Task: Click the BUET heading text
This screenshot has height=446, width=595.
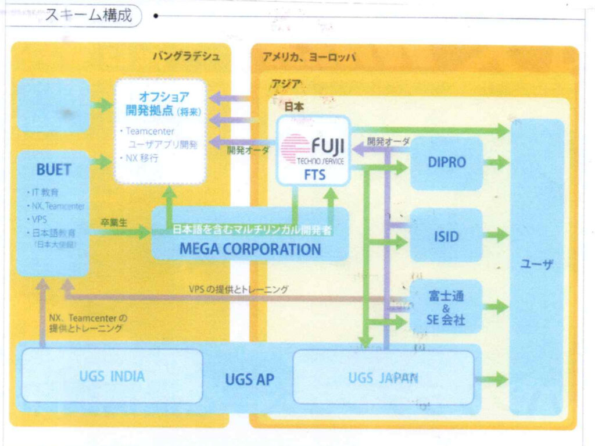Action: (x=53, y=169)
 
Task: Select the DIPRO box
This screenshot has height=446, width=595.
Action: (x=446, y=163)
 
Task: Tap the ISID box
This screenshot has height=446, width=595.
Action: (x=446, y=236)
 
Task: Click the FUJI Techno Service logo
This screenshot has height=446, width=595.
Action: (x=313, y=149)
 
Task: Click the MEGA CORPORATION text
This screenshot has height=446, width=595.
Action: (x=250, y=249)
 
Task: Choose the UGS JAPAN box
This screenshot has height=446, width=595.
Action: (x=383, y=377)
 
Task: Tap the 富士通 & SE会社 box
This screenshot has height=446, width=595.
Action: (x=446, y=306)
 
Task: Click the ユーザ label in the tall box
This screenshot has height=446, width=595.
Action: (x=536, y=265)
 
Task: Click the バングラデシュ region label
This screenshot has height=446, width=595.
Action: (x=187, y=56)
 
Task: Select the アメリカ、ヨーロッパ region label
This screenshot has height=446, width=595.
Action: (x=309, y=56)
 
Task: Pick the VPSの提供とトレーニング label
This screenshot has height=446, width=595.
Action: (x=238, y=288)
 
